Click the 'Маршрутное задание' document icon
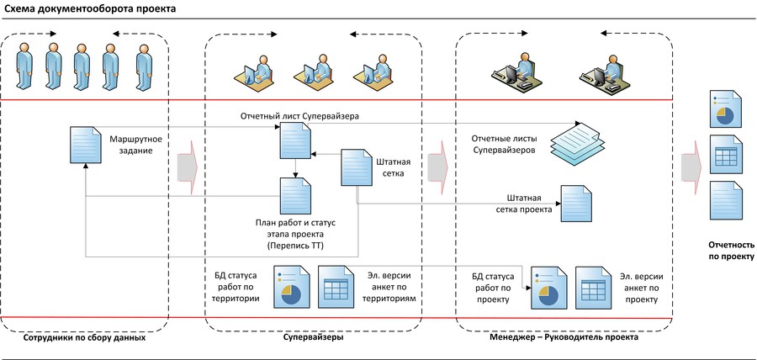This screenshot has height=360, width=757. click(x=86, y=144)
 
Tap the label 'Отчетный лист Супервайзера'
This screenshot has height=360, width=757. click(x=300, y=115)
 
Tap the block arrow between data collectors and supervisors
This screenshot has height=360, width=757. click(x=187, y=167)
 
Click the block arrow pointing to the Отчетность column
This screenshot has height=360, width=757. click(x=690, y=167)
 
